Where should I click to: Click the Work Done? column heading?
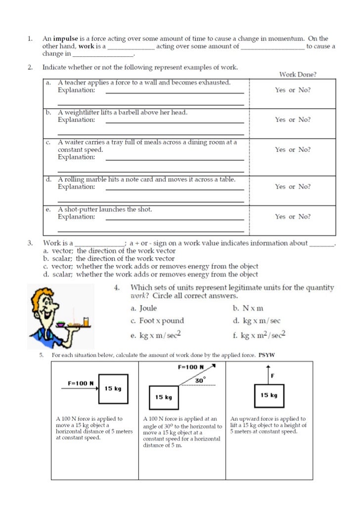coord(298,75)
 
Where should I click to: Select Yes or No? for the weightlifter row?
coord(293,120)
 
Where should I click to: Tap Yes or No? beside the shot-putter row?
coord(293,217)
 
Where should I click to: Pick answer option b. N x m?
coord(248,308)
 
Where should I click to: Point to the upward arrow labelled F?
coord(268,374)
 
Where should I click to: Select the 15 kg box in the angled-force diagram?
coord(164,397)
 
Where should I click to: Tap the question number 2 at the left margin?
coord(30,67)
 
